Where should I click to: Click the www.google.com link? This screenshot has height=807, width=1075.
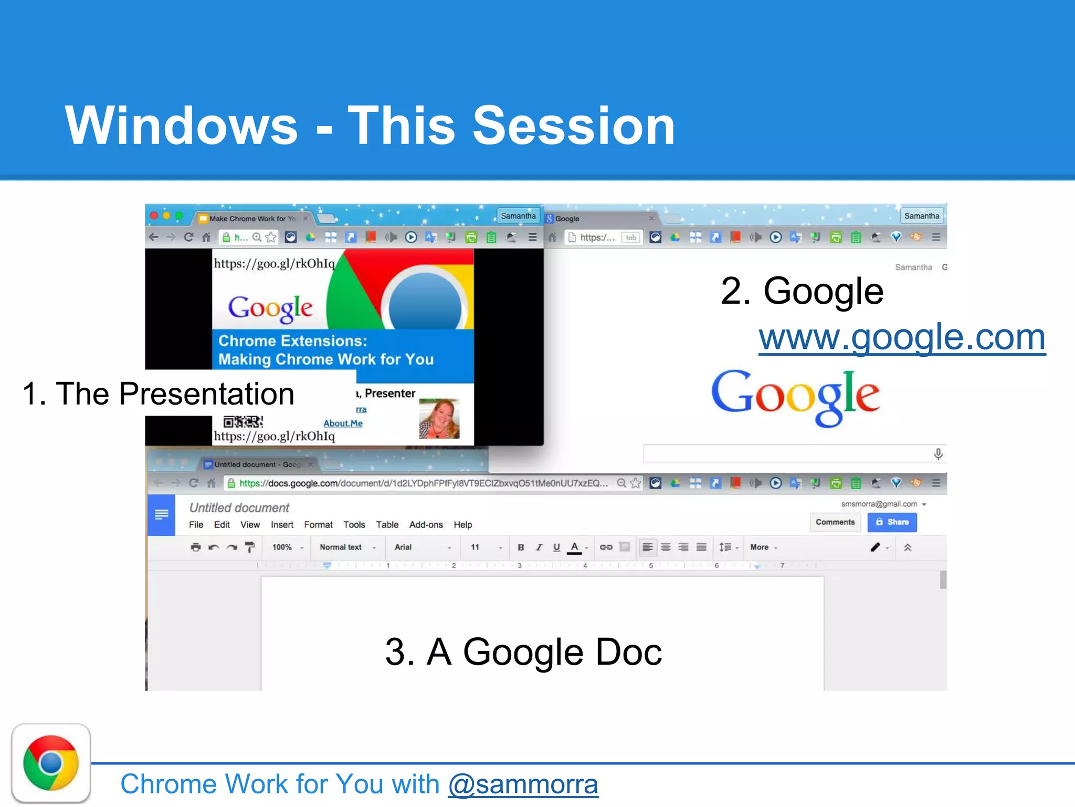click(x=901, y=337)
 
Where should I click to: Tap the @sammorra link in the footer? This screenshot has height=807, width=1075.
click(x=523, y=784)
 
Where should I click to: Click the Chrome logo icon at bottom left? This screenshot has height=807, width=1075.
click(x=51, y=763)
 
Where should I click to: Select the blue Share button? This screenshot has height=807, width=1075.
click(x=892, y=522)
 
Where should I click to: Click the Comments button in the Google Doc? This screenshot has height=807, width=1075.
click(x=835, y=522)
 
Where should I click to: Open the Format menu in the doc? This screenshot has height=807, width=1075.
click(x=318, y=525)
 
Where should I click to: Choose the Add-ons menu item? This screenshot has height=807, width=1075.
click(x=426, y=525)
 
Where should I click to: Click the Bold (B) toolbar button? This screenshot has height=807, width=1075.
click(x=521, y=547)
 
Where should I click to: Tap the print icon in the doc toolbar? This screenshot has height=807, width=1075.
click(x=196, y=547)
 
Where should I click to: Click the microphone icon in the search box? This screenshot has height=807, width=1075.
click(x=938, y=454)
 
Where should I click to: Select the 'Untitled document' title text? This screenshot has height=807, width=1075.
click(x=239, y=508)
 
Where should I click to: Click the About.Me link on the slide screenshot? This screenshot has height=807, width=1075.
click(x=343, y=423)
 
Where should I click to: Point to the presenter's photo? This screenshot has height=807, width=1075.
click(x=439, y=419)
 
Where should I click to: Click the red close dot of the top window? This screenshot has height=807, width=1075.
click(x=154, y=216)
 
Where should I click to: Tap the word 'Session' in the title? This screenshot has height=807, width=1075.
click(x=574, y=126)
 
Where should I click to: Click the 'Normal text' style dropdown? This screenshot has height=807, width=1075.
click(x=346, y=547)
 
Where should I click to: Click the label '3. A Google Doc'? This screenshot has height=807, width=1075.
click(x=523, y=652)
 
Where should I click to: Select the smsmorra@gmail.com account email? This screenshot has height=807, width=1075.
click(x=879, y=504)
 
